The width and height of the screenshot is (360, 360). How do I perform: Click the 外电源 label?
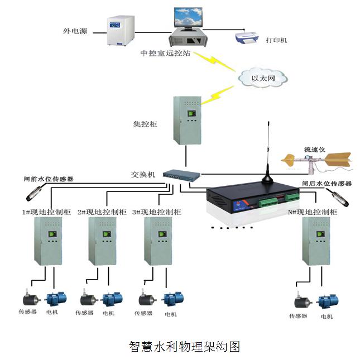[x=75, y=31]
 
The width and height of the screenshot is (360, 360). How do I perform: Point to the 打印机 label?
[x=276, y=40]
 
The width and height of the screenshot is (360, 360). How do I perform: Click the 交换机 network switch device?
[x=181, y=175]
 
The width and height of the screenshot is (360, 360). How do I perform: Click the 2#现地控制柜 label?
[x=102, y=212]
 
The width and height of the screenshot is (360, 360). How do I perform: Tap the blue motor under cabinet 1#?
[x=56, y=298]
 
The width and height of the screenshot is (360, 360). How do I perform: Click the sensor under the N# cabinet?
[x=302, y=301]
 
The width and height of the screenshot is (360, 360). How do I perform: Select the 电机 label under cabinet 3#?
[x=170, y=314]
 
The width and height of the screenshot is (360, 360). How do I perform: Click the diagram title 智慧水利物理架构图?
[x=184, y=346]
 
